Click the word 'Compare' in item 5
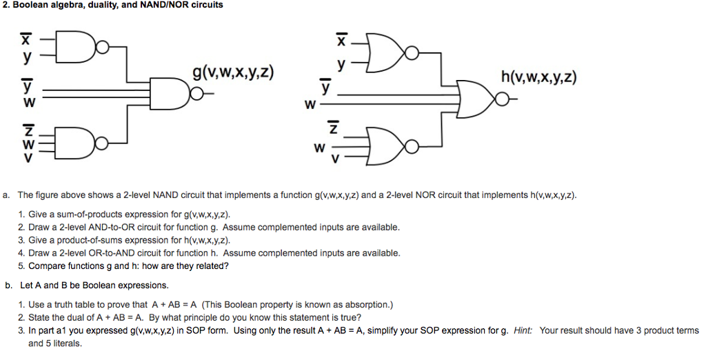tap(47, 266)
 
